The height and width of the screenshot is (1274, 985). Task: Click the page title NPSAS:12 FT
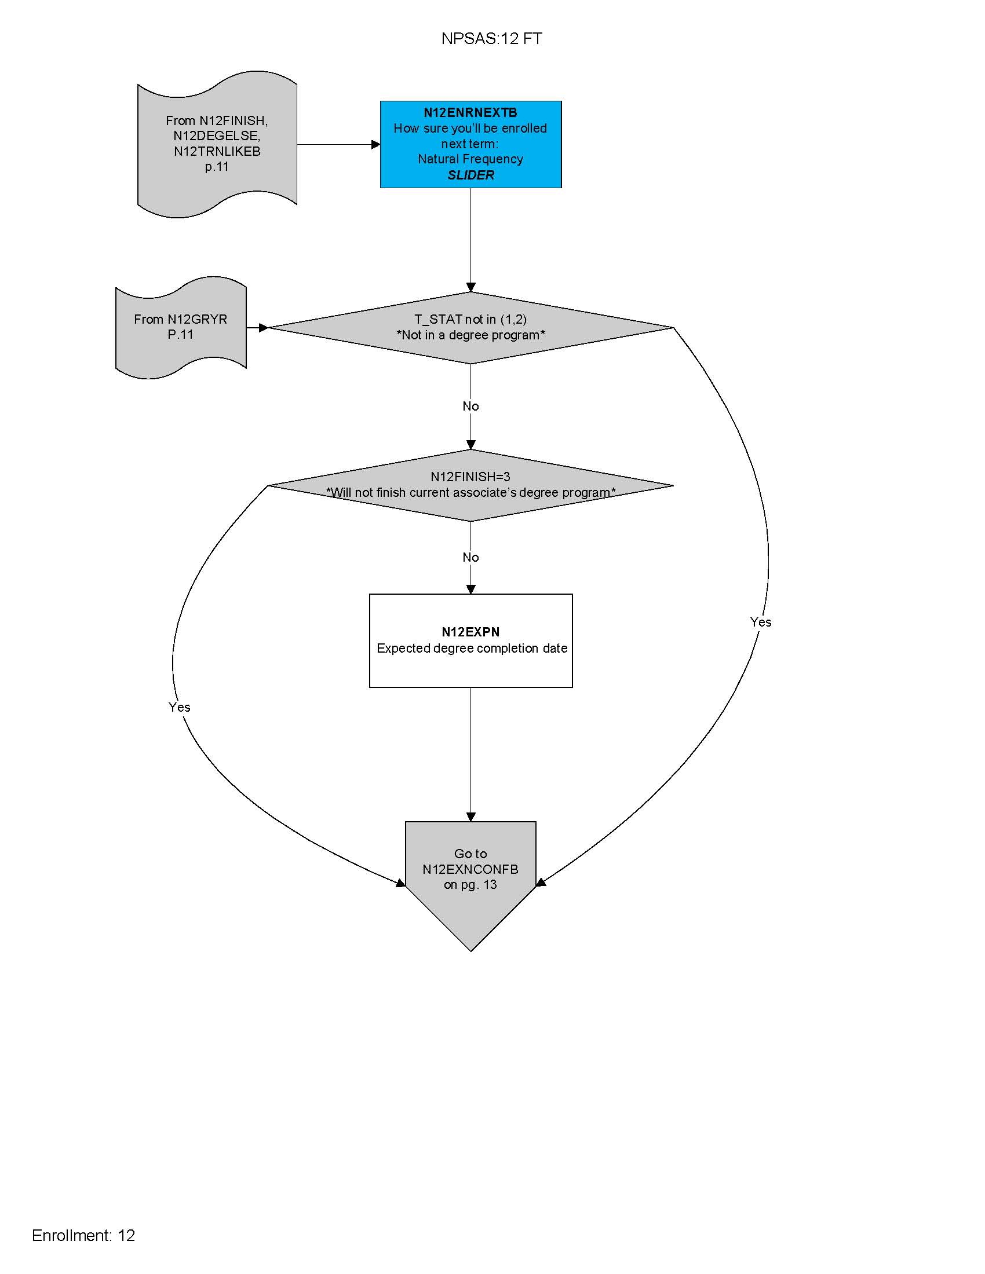pyautogui.click(x=491, y=38)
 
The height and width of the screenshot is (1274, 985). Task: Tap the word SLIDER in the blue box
pyautogui.click(x=470, y=175)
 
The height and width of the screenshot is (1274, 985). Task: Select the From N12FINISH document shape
pyautogui.click(x=217, y=144)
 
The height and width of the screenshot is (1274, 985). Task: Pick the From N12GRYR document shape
pyautogui.click(x=180, y=327)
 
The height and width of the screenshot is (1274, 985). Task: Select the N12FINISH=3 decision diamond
pyautogui.click(x=470, y=485)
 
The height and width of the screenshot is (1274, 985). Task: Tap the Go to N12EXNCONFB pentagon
pyautogui.click(x=470, y=875)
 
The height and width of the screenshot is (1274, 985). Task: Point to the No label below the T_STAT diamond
pyautogui.click(x=470, y=406)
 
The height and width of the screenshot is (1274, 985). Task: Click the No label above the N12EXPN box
pyautogui.click(x=470, y=557)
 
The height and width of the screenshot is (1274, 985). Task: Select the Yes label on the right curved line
pyautogui.click(x=760, y=622)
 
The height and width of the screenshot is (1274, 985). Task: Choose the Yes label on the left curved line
pyautogui.click(x=179, y=707)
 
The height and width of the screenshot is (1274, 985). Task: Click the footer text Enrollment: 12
pyautogui.click(x=83, y=1235)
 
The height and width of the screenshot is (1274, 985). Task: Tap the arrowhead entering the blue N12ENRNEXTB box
pyautogui.click(x=376, y=144)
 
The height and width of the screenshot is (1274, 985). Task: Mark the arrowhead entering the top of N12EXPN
pyautogui.click(x=471, y=589)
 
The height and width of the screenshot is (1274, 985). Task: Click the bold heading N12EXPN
pyautogui.click(x=470, y=632)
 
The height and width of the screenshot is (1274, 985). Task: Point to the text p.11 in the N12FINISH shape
pyautogui.click(x=217, y=167)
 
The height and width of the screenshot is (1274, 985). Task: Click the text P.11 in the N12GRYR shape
pyautogui.click(x=180, y=335)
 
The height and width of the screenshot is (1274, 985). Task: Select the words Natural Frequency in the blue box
pyautogui.click(x=470, y=159)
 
